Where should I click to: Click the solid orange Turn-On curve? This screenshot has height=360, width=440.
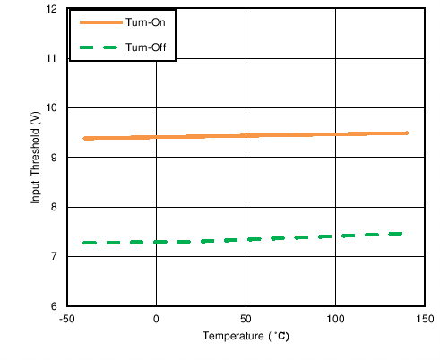pyautogui.click(x=246, y=135)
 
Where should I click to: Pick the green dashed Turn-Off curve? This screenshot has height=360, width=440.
pyautogui.click(x=246, y=239)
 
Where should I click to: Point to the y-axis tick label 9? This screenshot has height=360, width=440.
pyautogui.click(x=53, y=158)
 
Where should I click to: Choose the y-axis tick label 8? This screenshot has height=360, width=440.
pyautogui.click(x=53, y=207)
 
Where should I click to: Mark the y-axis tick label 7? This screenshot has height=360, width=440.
pyautogui.click(x=53, y=257)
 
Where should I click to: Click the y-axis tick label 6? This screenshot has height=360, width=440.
pyautogui.click(x=53, y=306)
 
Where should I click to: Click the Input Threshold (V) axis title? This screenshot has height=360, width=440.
pyautogui.click(x=36, y=158)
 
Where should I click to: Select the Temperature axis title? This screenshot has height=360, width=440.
pyautogui.click(x=245, y=338)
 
